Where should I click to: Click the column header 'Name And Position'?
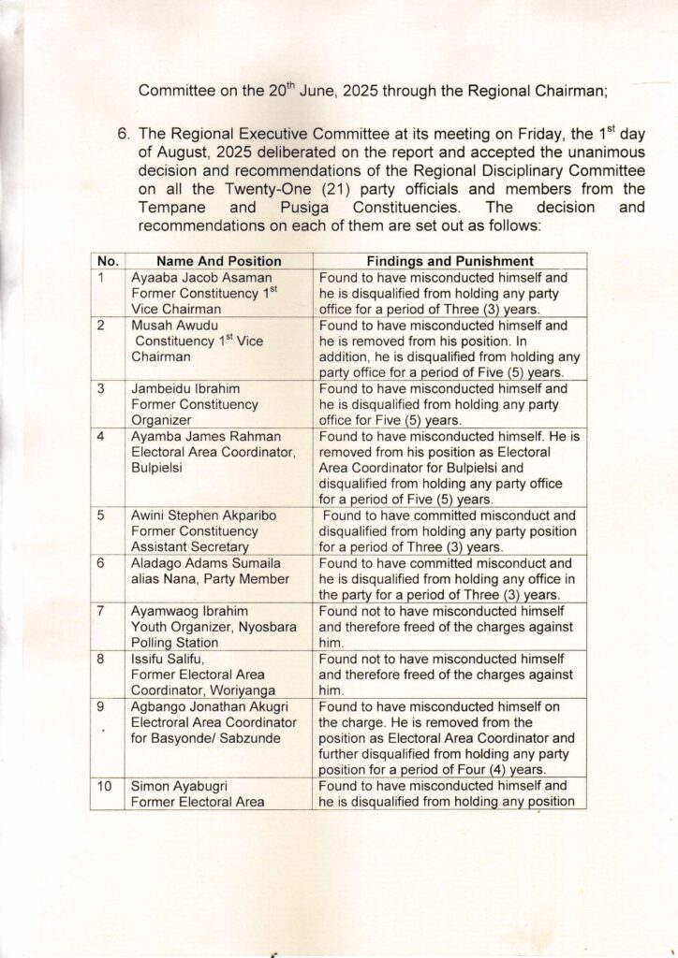(218, 261)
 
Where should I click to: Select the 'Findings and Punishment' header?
(450, 261)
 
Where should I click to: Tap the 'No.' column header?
(108, 261)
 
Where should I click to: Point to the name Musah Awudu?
(175, 326)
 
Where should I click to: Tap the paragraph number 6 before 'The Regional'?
(123, 134)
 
